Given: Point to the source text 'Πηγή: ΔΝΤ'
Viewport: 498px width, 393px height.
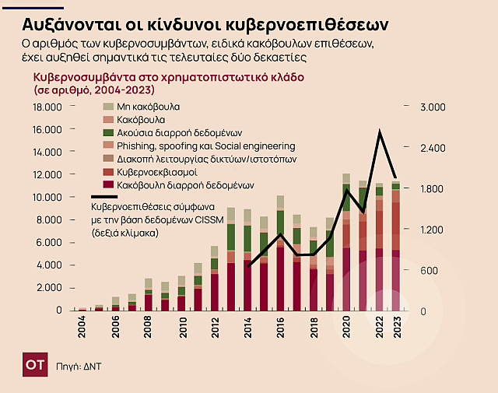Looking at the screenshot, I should (x=79, y=364).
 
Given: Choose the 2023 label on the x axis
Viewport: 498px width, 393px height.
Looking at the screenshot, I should (x=396, y=327).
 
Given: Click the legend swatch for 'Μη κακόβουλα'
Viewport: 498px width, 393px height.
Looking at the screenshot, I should (x=109, y=106).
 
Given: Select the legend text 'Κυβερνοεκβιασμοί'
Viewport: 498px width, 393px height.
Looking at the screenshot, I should (x=156, y=172).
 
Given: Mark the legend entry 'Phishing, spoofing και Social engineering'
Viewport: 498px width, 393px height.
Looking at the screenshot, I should (x=205, y=146).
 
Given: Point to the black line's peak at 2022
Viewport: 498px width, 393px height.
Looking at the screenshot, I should (x=380, y=133).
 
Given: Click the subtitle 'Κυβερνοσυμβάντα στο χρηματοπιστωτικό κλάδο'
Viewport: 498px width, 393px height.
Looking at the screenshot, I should (x=168, y=78).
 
